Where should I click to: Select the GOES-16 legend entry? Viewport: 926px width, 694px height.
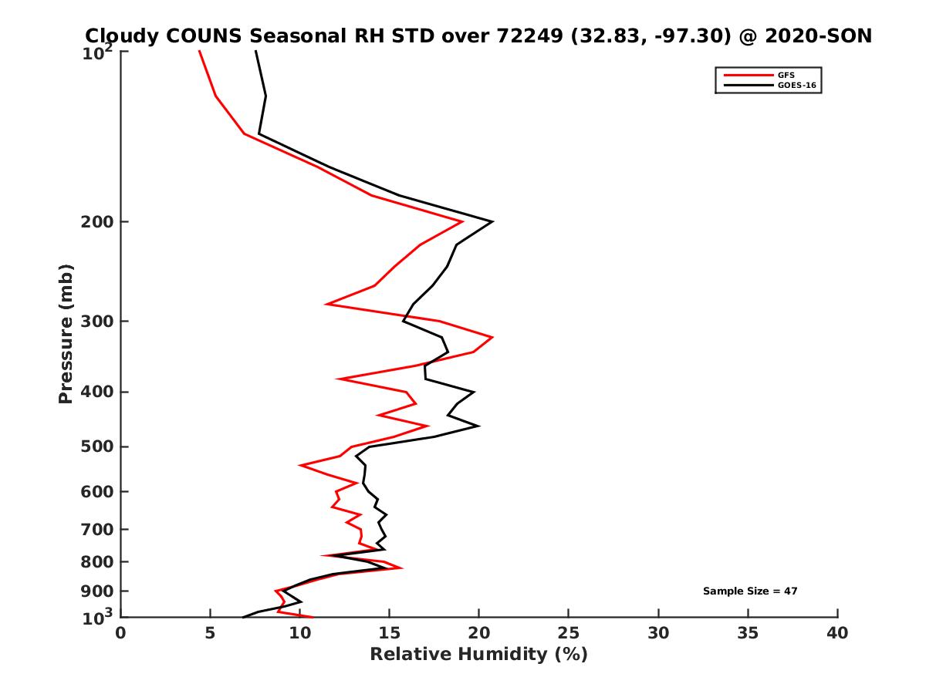[795, 85]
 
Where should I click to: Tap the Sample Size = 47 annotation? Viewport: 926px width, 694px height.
[749, 591]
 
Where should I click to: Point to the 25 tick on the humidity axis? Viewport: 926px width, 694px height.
[569, 633]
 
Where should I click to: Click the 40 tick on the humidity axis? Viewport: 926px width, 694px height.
[837, 633]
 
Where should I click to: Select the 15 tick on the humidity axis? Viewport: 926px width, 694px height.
[390, 633]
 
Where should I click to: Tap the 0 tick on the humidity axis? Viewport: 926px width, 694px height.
[121, 633]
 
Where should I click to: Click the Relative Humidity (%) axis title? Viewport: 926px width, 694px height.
[478, 655]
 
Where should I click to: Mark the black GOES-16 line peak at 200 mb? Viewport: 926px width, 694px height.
[492, 222]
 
